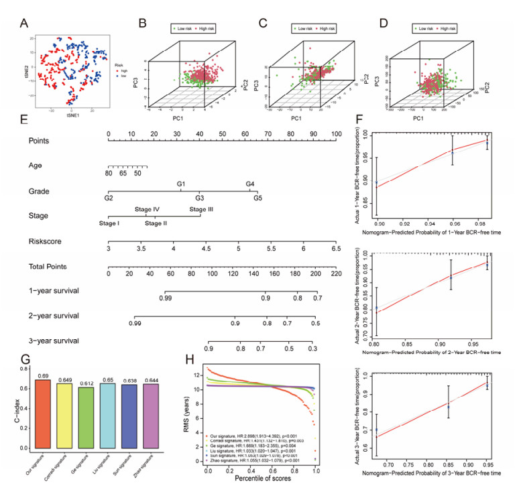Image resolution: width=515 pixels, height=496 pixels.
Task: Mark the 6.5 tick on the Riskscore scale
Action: (335, 248)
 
